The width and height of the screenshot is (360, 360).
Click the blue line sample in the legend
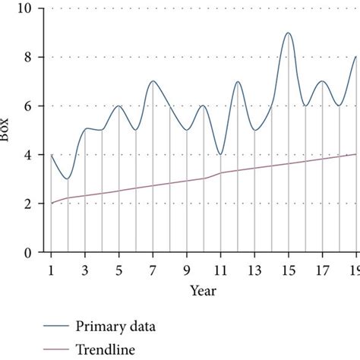coord(54,328)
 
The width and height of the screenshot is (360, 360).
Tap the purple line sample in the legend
coord(54,350)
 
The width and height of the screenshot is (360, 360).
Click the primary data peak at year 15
coord(288,33)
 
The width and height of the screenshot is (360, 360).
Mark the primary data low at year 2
coord(68,179)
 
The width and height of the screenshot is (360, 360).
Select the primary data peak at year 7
coord(153,81)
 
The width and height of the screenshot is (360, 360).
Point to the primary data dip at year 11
coord(220,154)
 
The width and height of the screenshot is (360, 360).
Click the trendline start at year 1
coord(51,204)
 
